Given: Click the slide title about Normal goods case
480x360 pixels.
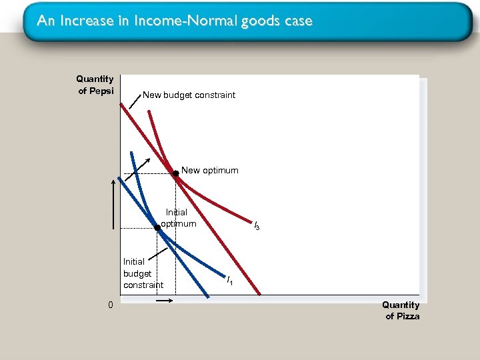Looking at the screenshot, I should (175, 21).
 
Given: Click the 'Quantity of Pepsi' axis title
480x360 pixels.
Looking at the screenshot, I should (95, 85).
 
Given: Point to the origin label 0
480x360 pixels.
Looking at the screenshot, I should (111, 305).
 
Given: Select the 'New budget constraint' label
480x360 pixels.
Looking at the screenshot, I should (189, 95).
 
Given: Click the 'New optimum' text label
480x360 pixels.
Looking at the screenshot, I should (209, 170).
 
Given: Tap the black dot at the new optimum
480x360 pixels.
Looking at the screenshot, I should (175, 173).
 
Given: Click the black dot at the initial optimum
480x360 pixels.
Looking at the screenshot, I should (157, 228).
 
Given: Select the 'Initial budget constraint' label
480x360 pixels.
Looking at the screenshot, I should (143, 273).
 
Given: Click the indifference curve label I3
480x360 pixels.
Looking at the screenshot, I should (256, 226).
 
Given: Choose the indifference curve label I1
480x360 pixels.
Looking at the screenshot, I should (229, 281).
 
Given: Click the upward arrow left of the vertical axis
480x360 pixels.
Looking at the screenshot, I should (113, 203).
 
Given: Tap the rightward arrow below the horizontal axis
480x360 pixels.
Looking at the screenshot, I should (165, 301).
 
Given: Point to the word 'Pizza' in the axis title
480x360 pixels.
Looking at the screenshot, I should (407, 316).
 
